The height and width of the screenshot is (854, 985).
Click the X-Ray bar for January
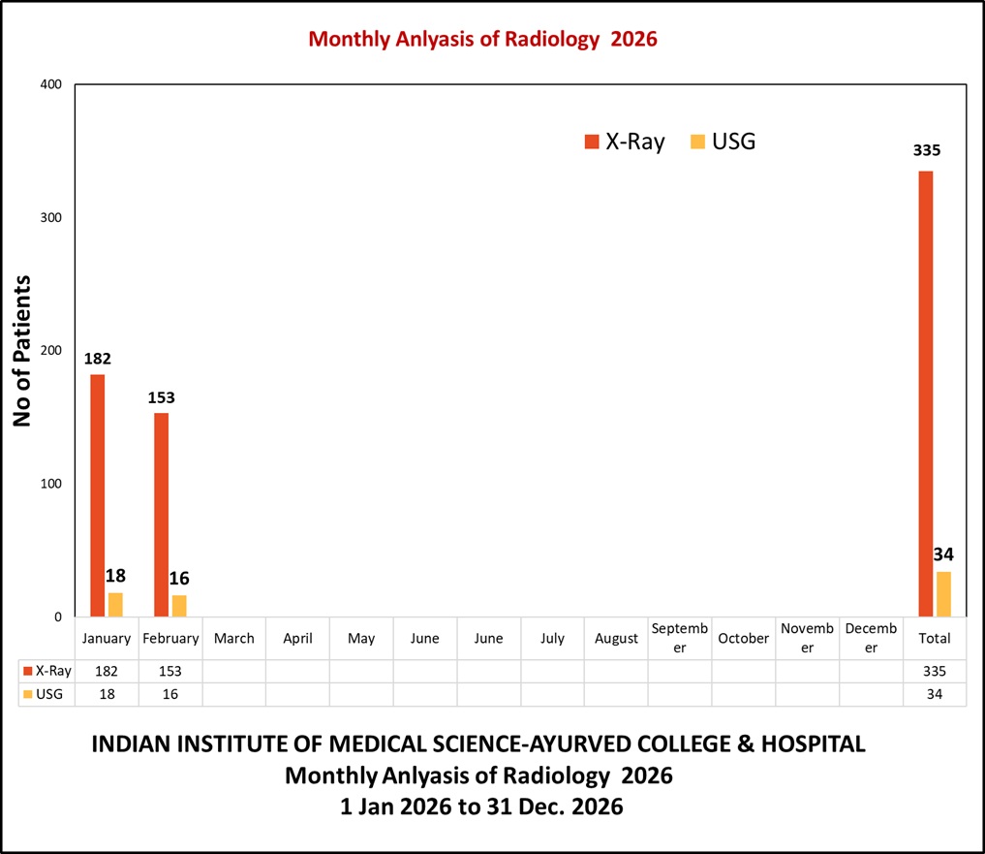click(97, 494)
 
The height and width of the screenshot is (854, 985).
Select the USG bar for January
click(115, 605)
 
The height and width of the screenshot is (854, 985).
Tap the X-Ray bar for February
click(161, 514)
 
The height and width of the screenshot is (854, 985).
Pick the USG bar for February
click(179, 606)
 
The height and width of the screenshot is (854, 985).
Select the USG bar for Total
click(943, 594)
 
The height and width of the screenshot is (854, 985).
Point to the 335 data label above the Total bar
click(926, 151)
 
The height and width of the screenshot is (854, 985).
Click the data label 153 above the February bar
click(161, 397)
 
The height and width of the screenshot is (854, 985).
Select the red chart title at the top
click(482, 40)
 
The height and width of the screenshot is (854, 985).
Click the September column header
click(679, 638)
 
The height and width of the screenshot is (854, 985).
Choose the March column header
click(233, 638)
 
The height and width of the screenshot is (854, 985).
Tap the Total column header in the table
click(935, 638)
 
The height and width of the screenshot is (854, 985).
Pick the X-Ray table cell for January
click(107, 671)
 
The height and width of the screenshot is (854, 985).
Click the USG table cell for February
click(170, 694)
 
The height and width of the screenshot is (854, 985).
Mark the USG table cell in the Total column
click(935, 694)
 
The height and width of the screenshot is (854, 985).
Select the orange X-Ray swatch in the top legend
click(592, 142)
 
